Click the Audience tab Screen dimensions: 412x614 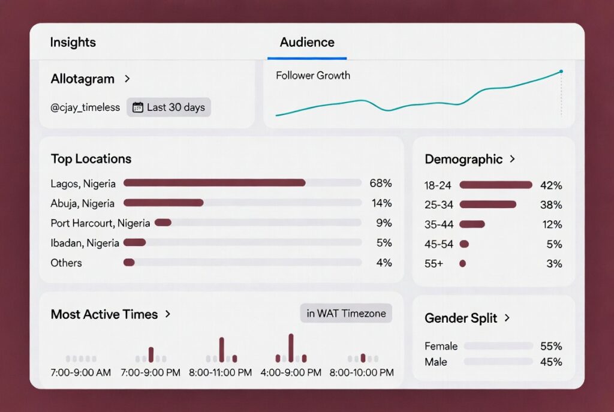coord(307,43)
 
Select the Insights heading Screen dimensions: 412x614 coord(73,43)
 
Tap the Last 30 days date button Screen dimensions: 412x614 coord(168,107)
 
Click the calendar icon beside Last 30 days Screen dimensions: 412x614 coord(137,107)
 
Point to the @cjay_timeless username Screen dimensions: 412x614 coord(85,108)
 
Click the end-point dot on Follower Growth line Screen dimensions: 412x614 coord(561,71)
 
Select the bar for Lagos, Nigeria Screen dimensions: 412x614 coord(214,183)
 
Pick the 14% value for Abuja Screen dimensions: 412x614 coord(381,203)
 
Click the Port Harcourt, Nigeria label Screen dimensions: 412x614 coord(100,223)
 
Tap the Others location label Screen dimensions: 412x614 coord(66,263)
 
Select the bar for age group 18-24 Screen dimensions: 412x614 coord(495,185)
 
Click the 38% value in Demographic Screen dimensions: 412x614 coord(550,205)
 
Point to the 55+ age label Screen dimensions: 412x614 coord(434,263)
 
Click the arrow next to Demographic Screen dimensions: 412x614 coord(512,159)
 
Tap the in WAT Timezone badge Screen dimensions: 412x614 coord(346,314)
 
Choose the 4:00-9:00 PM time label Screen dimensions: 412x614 coord(290,372)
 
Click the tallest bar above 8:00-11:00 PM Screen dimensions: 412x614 coord(221,349)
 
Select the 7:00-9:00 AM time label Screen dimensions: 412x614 coord(80,372)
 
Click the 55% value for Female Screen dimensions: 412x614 coord(550,346)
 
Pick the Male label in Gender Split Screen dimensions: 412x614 coord(436,362)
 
